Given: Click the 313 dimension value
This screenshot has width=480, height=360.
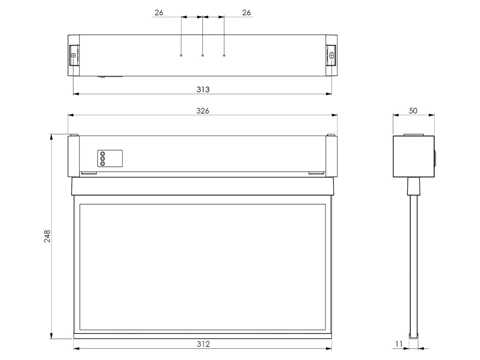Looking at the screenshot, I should point(203,89).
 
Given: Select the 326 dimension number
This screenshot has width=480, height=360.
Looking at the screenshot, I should point(203,111).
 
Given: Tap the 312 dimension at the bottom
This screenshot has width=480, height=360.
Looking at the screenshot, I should point(203,344).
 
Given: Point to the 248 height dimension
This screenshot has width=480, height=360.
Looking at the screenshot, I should point(47,236).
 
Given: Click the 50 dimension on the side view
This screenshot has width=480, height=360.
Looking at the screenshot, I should point(413,111).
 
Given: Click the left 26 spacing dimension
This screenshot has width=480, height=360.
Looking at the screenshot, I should point(159,12).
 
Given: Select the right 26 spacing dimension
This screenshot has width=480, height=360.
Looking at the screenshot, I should point(246,12).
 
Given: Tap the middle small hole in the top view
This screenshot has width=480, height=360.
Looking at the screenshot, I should point(203,55).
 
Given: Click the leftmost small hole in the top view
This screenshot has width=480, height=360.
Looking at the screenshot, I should point(181,55).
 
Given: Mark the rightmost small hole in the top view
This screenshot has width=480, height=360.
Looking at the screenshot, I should point(224,55).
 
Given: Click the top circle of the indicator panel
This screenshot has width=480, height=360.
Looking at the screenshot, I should point(102,154).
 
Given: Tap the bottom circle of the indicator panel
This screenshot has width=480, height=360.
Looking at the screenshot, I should point(102,164).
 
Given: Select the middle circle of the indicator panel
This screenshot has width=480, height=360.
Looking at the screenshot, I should point(102,159).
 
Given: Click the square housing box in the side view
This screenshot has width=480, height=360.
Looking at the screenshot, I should point(413,156).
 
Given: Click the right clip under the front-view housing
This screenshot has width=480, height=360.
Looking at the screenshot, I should point(316,173).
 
